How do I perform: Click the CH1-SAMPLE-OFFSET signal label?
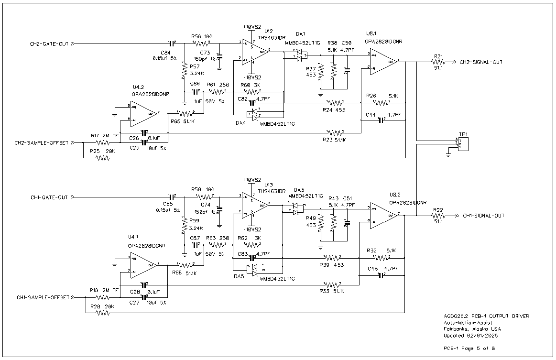tap(43, 297)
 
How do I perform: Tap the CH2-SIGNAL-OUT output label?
tap(481, 62)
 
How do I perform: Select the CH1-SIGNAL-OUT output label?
tap(483, 216)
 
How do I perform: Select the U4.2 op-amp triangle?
tap(142, 114)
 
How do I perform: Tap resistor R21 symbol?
tap(438, 62)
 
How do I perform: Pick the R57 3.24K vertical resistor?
tap(185, 71)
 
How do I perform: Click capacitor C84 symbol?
tap(171, 44)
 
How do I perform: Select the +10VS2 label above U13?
tap(252, 180)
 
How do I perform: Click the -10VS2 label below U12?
tap(252, 77)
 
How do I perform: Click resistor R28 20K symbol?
tap(102, 313)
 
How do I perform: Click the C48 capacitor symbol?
tap(381, 275)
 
